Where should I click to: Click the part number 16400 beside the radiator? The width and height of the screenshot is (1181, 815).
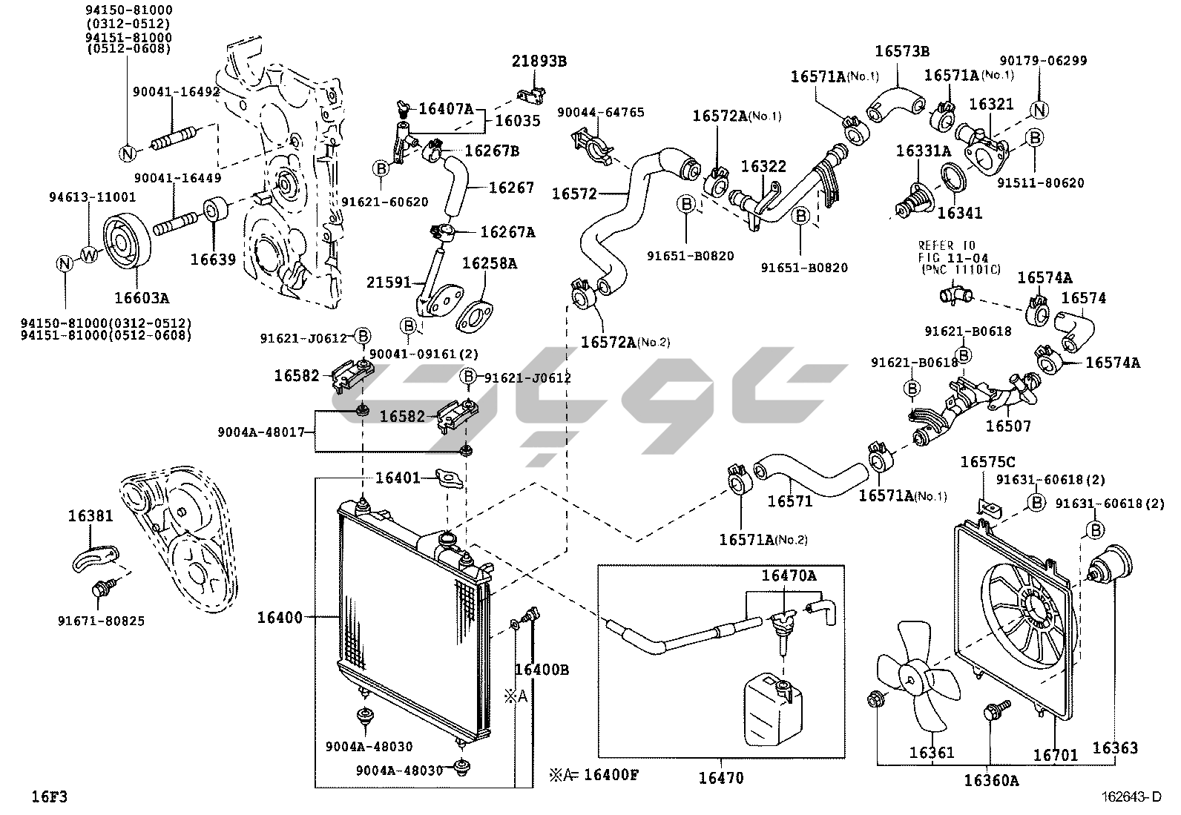[280, 617]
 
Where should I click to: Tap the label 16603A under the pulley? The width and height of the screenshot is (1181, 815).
[141, 298]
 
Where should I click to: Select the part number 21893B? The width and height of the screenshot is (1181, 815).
[539, 62]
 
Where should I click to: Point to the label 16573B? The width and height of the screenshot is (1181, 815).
[901, 51]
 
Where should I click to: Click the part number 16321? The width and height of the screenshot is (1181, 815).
[990, 105]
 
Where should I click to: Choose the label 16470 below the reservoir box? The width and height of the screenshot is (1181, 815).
[720, 778]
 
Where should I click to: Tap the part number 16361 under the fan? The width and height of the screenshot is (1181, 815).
[931, 753]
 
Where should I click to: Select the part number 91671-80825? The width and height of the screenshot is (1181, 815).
[102, 621]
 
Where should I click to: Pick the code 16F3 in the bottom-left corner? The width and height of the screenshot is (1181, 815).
[49, 797]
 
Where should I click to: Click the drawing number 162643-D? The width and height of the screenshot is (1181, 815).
[1131, 797]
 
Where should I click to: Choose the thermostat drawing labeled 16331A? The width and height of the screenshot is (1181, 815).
[910, 197]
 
